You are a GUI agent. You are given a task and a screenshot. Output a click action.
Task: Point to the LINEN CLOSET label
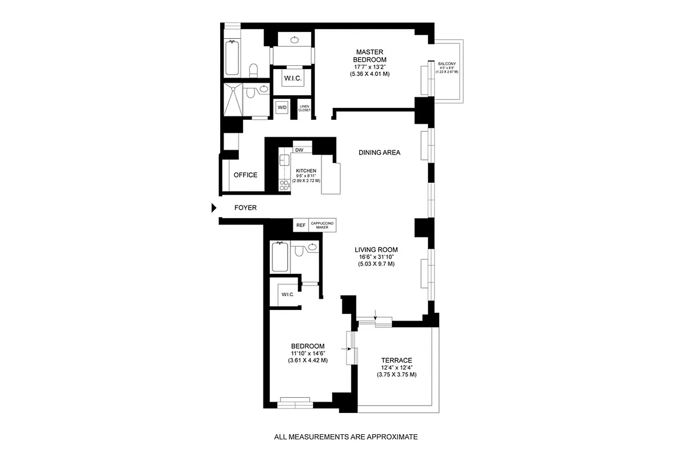pyautogui.click(x=305, y=108)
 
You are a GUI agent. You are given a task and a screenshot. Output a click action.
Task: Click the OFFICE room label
pyautogui.click(x=245, y=175)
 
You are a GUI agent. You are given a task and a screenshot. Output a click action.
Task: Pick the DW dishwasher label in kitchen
pyautogui.click(x=299, y=150)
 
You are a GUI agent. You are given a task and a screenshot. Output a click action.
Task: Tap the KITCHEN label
pyautogui.click(x=306, y=171)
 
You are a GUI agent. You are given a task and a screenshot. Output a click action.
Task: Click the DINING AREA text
pyautogui.click(x=379, y=152)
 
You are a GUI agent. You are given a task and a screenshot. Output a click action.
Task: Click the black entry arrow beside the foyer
pyautogui.click(x=213, y=208)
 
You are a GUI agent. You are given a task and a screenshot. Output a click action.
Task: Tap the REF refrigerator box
pyautogui.click(x=301, y=225)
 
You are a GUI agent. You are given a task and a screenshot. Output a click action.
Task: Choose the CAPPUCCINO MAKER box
pyautogui.click(x=323, y=225)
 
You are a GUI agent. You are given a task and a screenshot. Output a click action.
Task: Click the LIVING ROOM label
pyautogui.click(x=376, y=250)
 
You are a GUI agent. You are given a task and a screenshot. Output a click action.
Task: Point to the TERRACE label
pyautogui.click(x=396, y=361)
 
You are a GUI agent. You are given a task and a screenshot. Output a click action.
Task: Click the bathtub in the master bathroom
pyautogui.click(x=232, y=58)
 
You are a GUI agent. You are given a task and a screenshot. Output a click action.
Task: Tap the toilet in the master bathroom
pyautogui.click(x=254, y=69)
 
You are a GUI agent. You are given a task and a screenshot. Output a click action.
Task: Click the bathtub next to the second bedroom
pyautogui.click(x=279, y=256)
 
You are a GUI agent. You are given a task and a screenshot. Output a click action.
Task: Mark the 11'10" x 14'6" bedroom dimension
pyautogui.click(x=307, y=353)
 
